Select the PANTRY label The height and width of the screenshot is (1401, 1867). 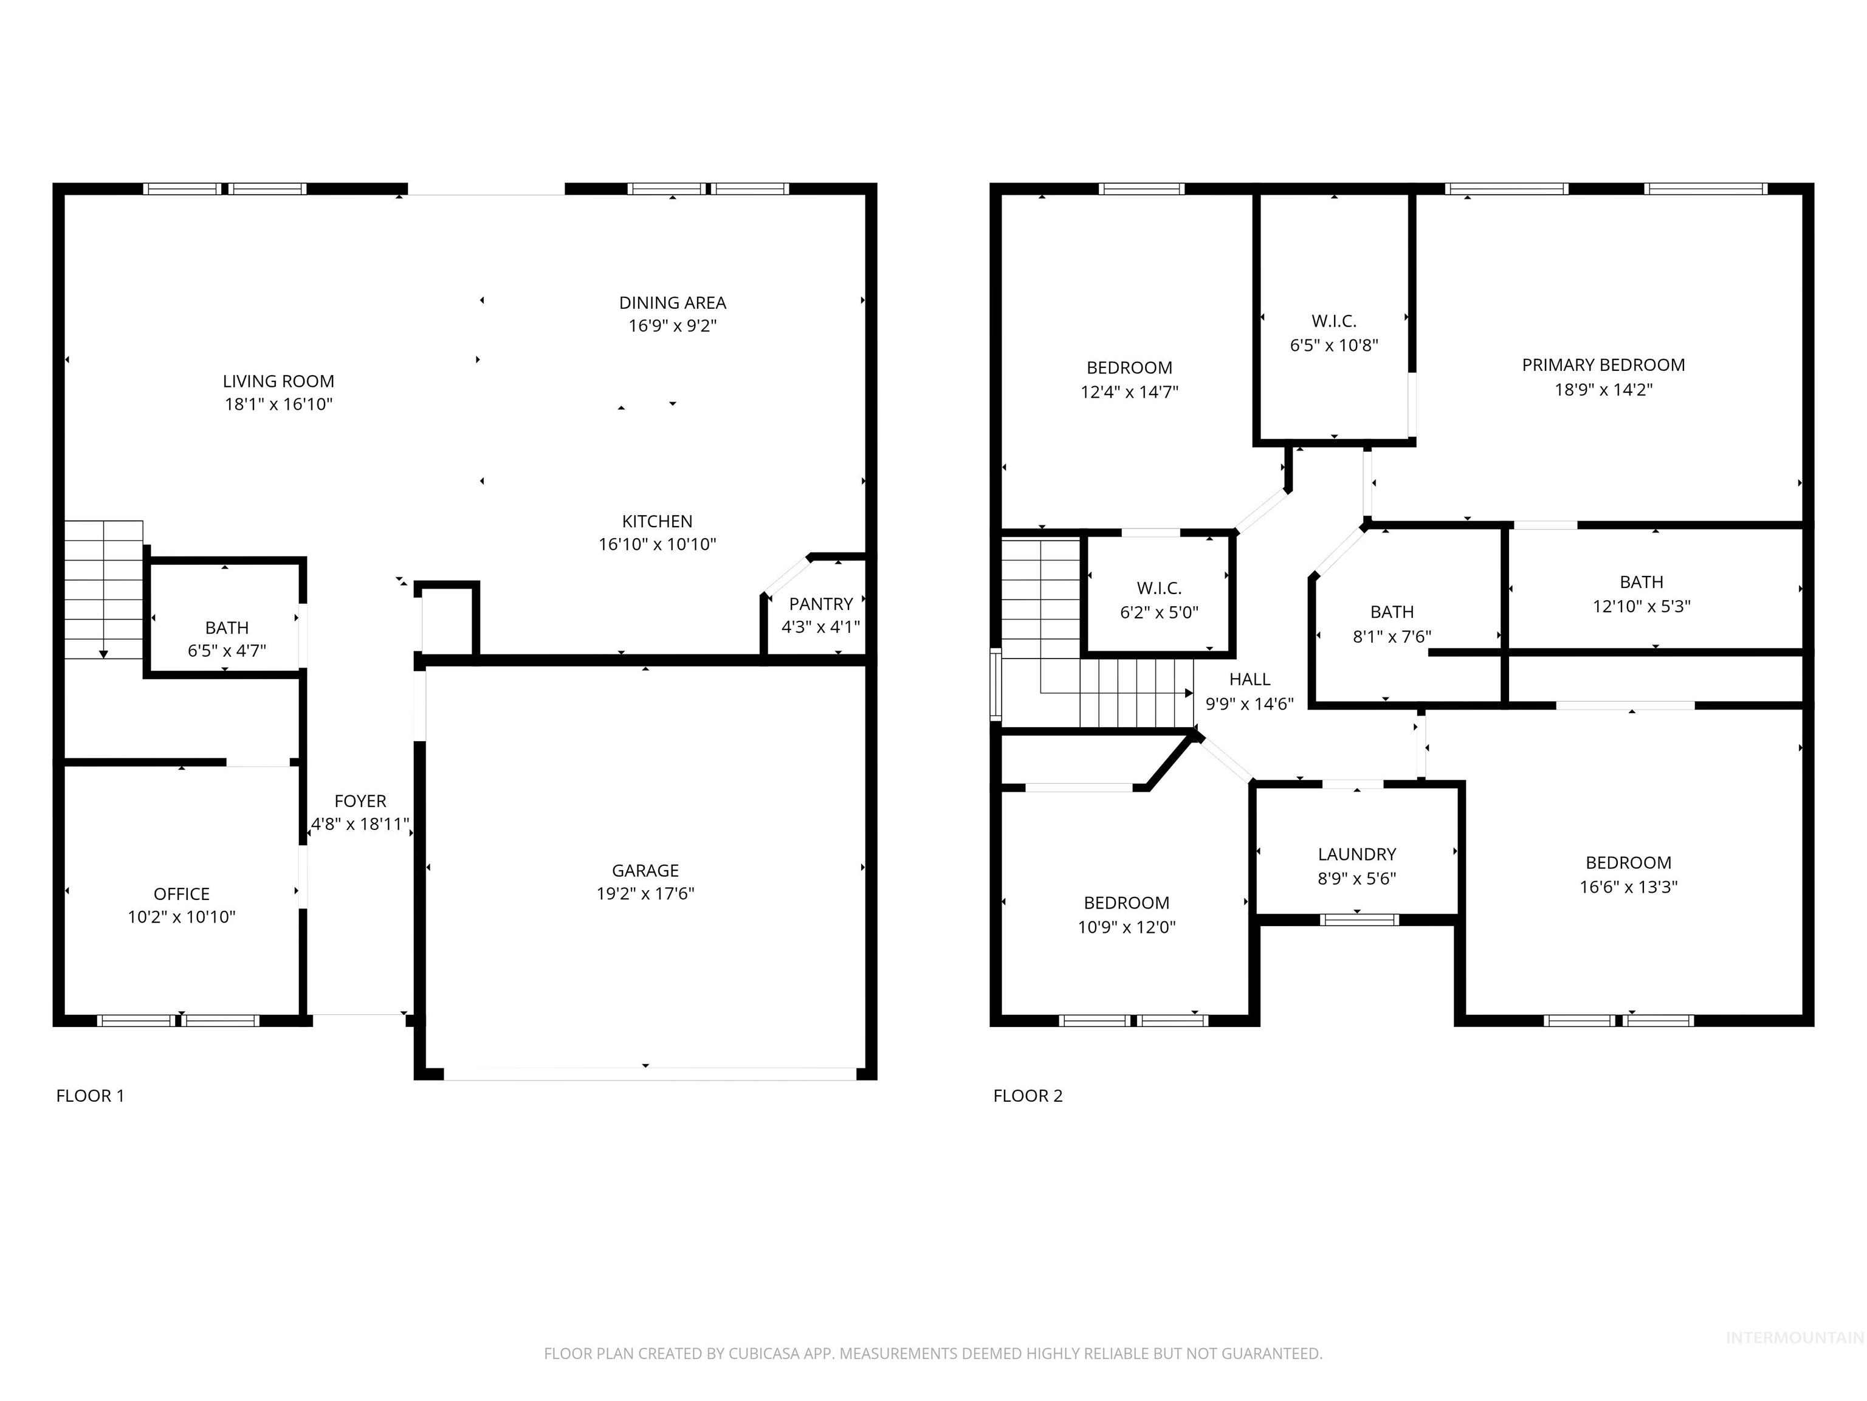point(820,604)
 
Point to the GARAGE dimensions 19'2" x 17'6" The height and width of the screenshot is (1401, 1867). point(645,893)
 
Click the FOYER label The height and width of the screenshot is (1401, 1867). point(360,801)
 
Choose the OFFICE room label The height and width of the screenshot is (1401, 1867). point(182,893)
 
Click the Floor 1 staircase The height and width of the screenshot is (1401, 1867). point(103,591)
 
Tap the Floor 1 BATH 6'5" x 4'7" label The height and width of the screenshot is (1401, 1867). point(226,628)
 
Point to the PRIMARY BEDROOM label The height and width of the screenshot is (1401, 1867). point(1603,365)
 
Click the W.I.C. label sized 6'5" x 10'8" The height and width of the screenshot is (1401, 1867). point(1333,321)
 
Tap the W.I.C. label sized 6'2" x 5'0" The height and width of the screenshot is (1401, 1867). point(1159,588)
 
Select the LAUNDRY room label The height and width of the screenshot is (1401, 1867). point(1356,854)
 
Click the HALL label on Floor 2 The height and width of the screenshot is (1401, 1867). point(1249,679)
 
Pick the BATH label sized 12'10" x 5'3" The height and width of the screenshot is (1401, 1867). point(1641,582)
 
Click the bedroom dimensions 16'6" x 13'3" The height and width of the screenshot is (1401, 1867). point(1628,887)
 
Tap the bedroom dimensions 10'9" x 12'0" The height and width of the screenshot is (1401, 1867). point(1126,927)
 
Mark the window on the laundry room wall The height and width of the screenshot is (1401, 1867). point(1359,919)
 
